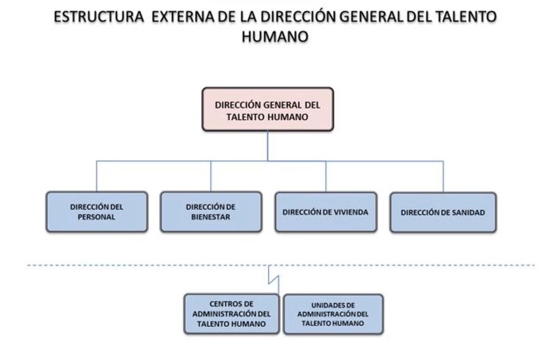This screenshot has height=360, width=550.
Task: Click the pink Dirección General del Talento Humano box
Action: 268,109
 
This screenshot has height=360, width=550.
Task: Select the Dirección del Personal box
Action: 97,211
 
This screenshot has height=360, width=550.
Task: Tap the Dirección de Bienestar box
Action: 211,211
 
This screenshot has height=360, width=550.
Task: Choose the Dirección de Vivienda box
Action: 326,212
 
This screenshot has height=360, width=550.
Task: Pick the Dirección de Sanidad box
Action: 443,212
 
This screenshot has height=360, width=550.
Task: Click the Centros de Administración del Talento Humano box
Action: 231,314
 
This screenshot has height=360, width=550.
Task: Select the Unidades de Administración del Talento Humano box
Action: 333,314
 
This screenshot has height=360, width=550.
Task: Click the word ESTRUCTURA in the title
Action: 99,17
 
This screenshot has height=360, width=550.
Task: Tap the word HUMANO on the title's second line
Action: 275,36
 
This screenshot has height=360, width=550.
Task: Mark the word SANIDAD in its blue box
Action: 468,212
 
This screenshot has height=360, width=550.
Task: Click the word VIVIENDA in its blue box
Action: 351,212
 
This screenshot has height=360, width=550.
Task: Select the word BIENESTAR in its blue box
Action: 211,217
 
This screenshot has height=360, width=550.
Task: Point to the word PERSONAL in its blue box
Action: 96,217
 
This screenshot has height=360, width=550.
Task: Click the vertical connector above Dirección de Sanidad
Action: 444,177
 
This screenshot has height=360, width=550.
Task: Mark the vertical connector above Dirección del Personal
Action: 96,176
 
